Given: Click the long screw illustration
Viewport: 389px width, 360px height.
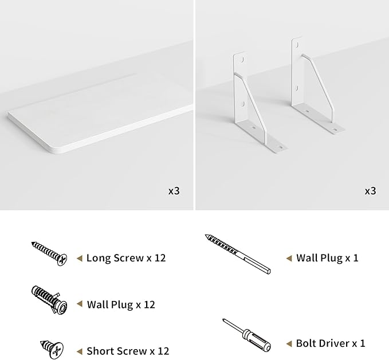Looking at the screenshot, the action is [49, 253].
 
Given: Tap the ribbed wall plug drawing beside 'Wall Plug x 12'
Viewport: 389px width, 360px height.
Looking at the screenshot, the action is [50, 300].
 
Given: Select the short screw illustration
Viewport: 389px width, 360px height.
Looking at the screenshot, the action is [52, 349].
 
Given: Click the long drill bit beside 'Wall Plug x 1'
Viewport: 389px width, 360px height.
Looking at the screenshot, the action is [238, 254].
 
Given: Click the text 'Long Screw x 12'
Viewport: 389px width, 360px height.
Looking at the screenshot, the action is [126, 258].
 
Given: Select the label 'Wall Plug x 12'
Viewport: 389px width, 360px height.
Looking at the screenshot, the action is [121, 304].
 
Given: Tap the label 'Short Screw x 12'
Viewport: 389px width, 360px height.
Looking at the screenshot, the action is [128, 351].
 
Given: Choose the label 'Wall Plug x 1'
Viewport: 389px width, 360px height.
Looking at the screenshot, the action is [327, 258].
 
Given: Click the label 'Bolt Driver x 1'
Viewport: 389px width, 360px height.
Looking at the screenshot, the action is [331, 343].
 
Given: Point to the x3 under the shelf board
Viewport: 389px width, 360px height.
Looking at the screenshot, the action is [174, 191].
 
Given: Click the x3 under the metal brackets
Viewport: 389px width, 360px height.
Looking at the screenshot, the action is [370, 191].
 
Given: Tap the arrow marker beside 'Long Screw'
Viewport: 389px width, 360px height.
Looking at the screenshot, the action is [80, 258].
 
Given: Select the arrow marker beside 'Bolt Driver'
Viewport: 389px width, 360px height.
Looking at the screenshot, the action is [289, 343].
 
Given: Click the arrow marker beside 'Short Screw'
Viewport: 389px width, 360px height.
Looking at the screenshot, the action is [80, 351].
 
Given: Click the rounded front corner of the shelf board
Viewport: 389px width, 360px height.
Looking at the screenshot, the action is [54, 150].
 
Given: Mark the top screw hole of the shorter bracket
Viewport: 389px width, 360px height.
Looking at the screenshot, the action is [242, 60].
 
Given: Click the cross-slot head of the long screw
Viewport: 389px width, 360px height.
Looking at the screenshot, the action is [62, 260].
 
